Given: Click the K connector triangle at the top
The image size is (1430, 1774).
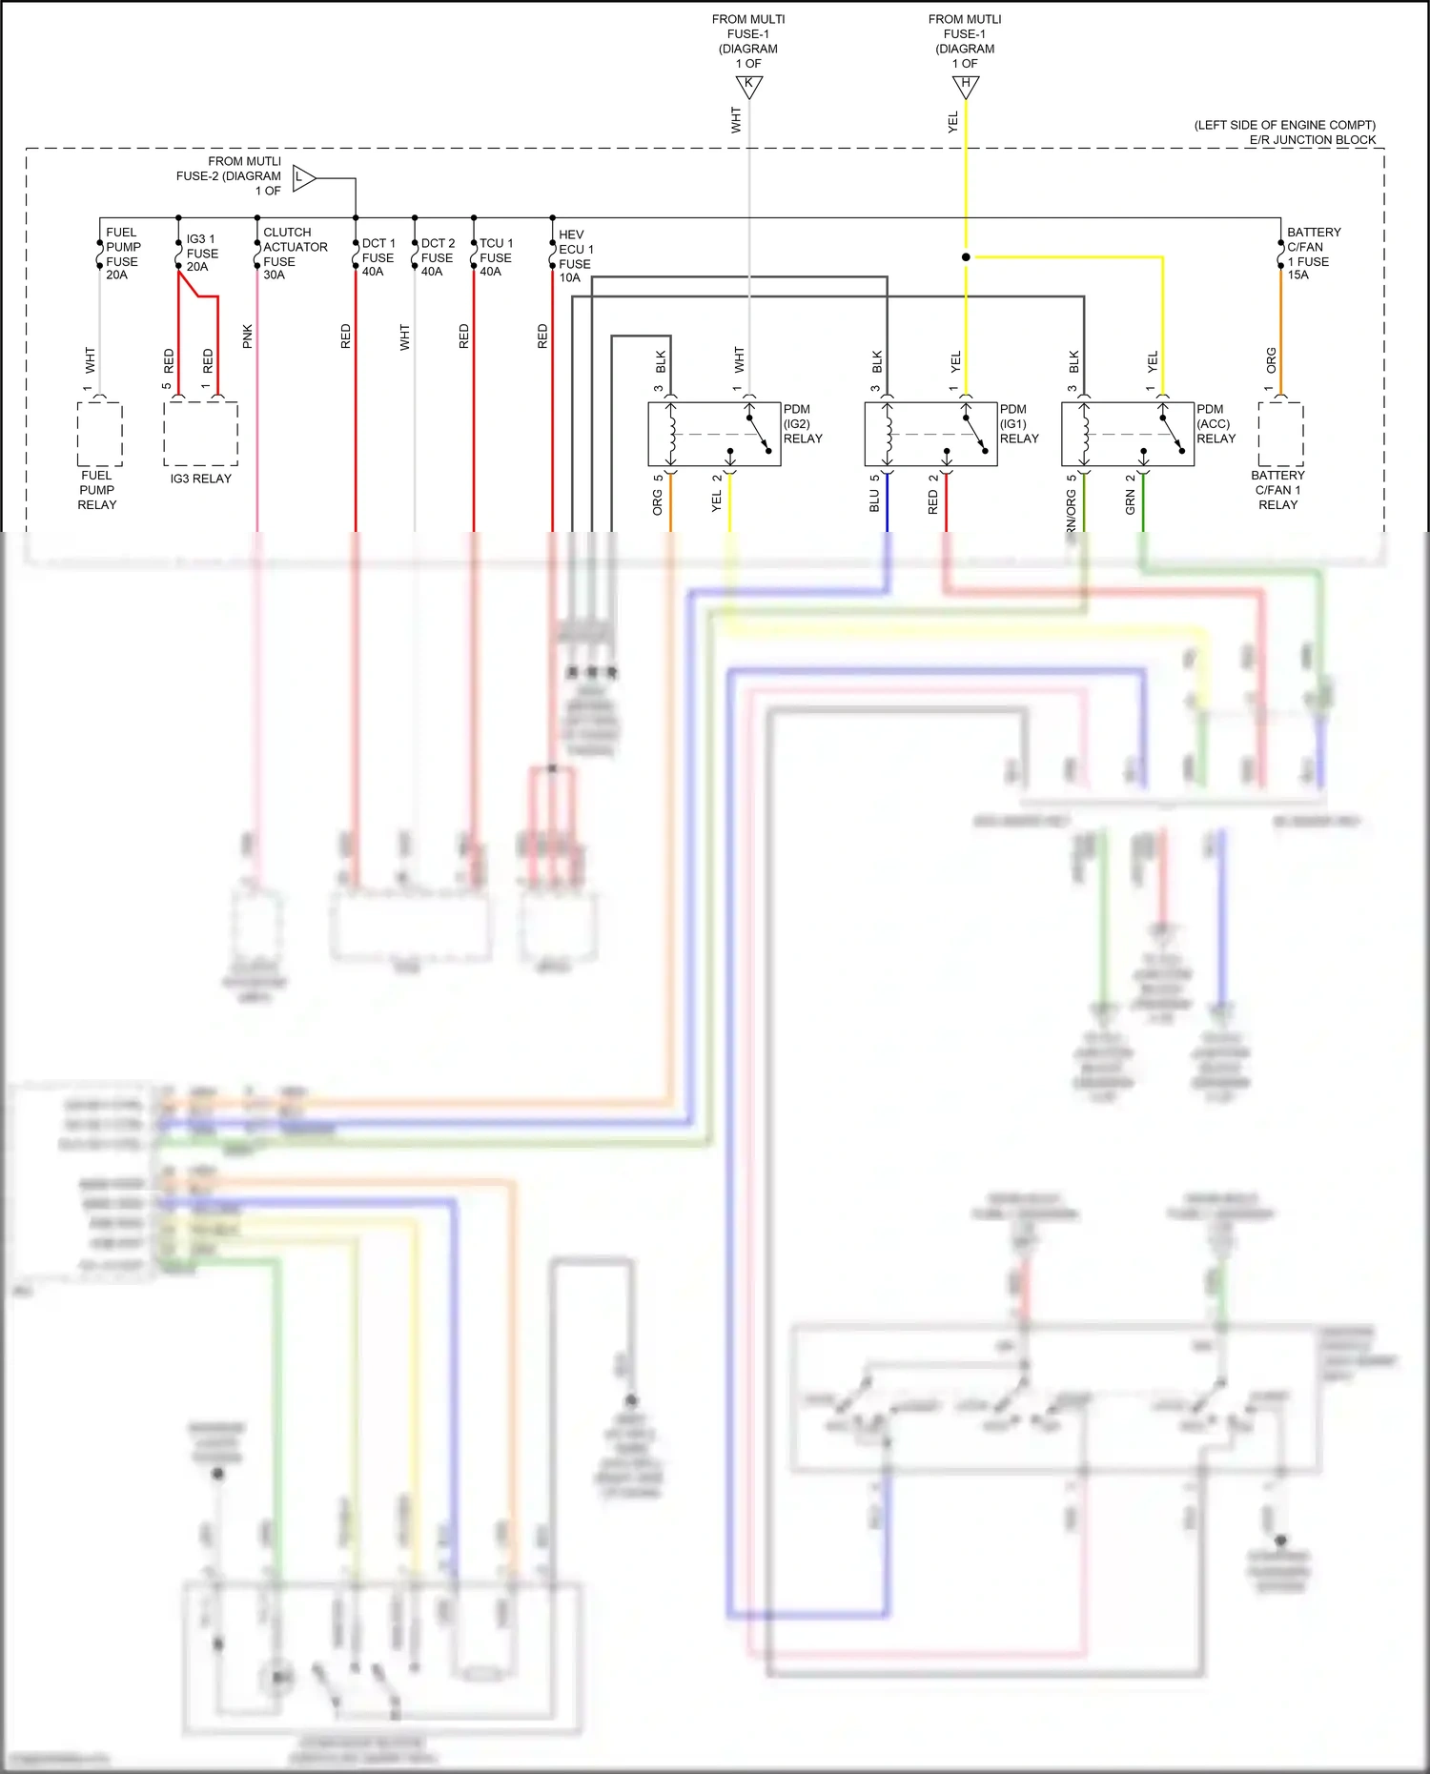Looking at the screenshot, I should pos(748,86).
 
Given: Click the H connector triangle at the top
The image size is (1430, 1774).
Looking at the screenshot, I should pos(965,86).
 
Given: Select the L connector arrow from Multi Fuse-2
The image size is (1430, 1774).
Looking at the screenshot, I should pos(303,178).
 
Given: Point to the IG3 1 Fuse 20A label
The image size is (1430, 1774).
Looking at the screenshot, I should pos(201,253).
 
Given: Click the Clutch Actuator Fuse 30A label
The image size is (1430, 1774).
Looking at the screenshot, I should pos(295,254).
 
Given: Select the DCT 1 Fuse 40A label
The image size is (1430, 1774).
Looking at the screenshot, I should pos(378,257).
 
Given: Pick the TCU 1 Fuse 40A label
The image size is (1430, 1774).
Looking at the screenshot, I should pos(495,257).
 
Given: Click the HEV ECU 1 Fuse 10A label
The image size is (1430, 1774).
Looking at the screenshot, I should pos(575,256).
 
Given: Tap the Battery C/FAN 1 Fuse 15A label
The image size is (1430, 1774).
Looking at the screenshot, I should pos(1313,254).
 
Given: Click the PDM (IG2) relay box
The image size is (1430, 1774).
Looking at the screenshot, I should pos(714,434).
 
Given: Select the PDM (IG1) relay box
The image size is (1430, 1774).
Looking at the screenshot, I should pos(930,434).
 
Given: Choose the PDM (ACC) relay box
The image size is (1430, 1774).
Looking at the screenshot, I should pos(1128,434).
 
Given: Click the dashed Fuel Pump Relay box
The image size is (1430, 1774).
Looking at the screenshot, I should pos(99,434).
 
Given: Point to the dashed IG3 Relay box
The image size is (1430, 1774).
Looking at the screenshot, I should pos(200,434).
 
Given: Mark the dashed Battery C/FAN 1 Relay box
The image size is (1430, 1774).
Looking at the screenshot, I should pos(1280,434).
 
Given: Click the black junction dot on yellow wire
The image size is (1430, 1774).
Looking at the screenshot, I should pos(966,257).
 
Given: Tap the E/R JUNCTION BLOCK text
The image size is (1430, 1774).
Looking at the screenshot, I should pos(1312,140).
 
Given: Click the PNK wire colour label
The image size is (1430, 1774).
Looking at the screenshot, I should pos(248,336).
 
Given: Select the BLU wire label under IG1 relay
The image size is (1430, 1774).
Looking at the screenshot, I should pos(874,501).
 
